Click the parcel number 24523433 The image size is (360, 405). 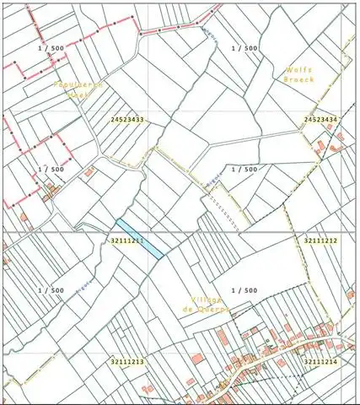point(126,120)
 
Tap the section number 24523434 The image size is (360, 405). point(320,120)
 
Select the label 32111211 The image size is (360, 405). point(126,240)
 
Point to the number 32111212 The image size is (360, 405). point(320,240)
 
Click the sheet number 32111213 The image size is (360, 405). point(126,361)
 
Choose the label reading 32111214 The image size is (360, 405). point(320,361)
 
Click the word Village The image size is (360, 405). point(205,300)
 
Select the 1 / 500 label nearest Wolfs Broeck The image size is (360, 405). point(244,48)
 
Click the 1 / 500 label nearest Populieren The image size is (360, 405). point(51,48)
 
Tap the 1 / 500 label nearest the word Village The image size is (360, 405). point(244,290)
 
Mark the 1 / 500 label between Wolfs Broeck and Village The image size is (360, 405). point(244,169)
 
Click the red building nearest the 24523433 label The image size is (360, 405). point(89,172)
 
